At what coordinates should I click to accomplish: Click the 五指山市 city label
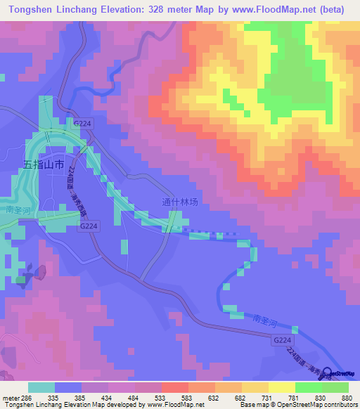44,164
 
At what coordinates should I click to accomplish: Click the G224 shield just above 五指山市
82,122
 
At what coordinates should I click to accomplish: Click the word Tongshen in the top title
26,10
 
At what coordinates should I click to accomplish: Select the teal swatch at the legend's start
41,387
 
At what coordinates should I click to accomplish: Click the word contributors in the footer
340,405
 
